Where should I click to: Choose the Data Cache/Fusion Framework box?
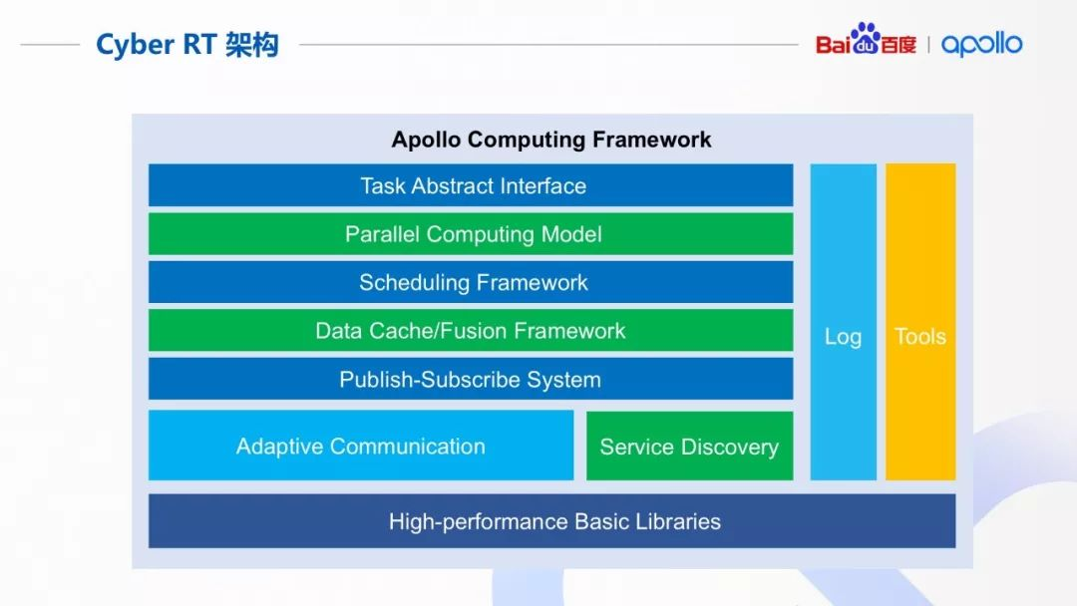[471, 331]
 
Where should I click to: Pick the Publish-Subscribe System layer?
[471, 380]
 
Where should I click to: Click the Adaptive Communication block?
[361, 446]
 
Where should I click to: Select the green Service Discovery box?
[689, 447]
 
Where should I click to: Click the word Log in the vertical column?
[843, 337]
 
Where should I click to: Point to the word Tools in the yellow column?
[919, 337]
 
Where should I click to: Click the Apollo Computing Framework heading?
[551, 140]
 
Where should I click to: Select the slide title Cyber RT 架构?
[186, 45]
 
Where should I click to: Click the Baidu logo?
[865, 42]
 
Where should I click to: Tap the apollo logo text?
[981, 44]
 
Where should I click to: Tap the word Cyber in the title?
[130, 45]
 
